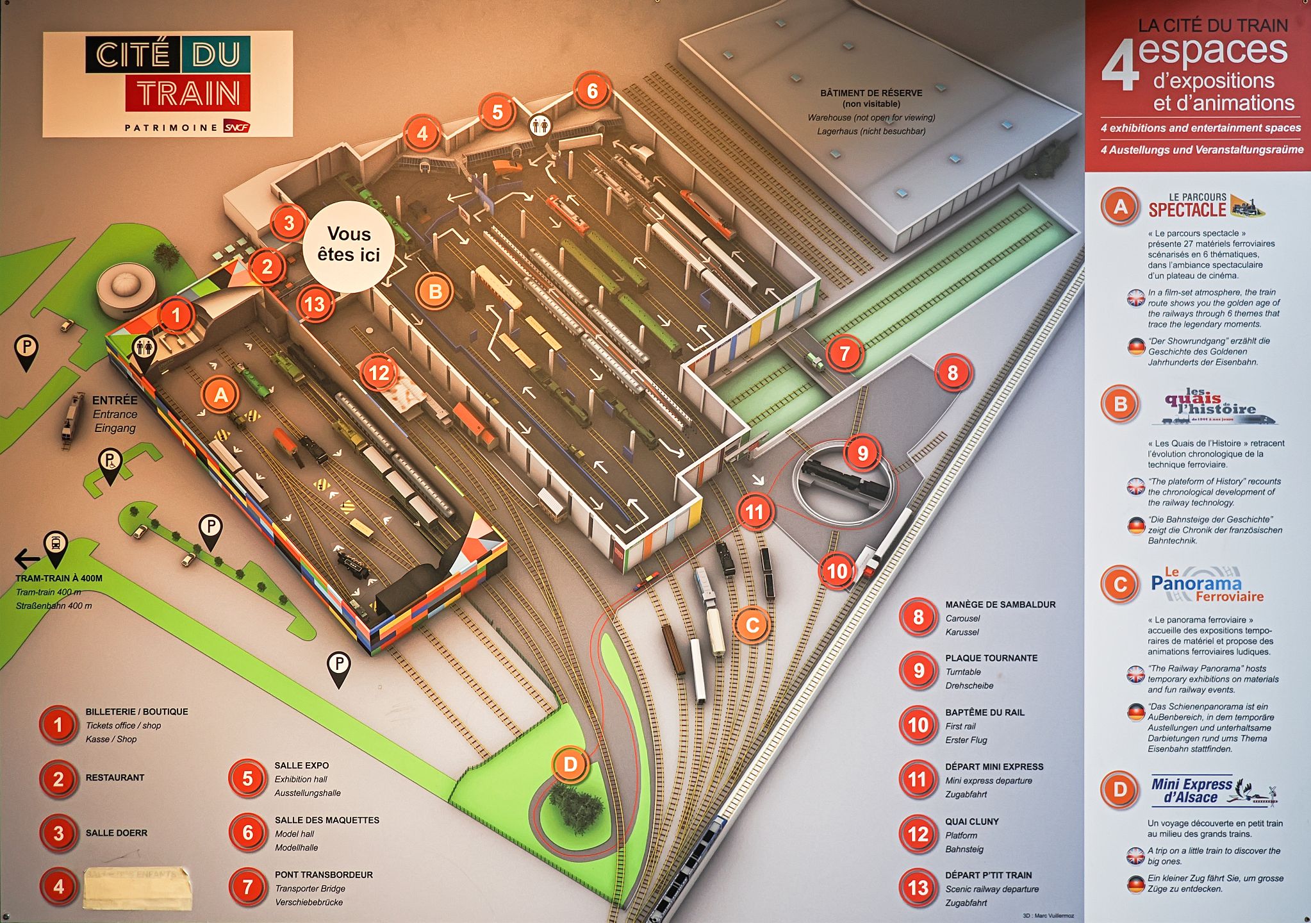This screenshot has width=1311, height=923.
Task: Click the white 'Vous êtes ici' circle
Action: point(349,245)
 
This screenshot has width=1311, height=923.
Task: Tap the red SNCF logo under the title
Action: point(236,127)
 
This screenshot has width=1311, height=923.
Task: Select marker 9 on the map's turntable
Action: point(862,453)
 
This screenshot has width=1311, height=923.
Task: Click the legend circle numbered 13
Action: point(918,888)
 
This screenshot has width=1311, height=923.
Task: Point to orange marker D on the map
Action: point(570,763)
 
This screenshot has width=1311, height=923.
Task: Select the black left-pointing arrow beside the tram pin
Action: point(27,559)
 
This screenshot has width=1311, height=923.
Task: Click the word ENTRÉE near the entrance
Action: point(115,400)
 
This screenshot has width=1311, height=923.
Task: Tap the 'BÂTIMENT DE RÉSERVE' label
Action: point(871,93)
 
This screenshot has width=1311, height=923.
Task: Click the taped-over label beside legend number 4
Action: point(137,888)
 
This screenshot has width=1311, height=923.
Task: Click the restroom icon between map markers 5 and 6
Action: point(540,126)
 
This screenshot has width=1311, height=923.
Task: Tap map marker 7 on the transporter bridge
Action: point(845,353)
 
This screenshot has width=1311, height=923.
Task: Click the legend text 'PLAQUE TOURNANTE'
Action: point(991,658)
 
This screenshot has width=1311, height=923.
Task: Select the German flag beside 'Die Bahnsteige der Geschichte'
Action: point(1135,526)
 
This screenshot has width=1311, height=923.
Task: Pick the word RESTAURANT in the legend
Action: point(115,777)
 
